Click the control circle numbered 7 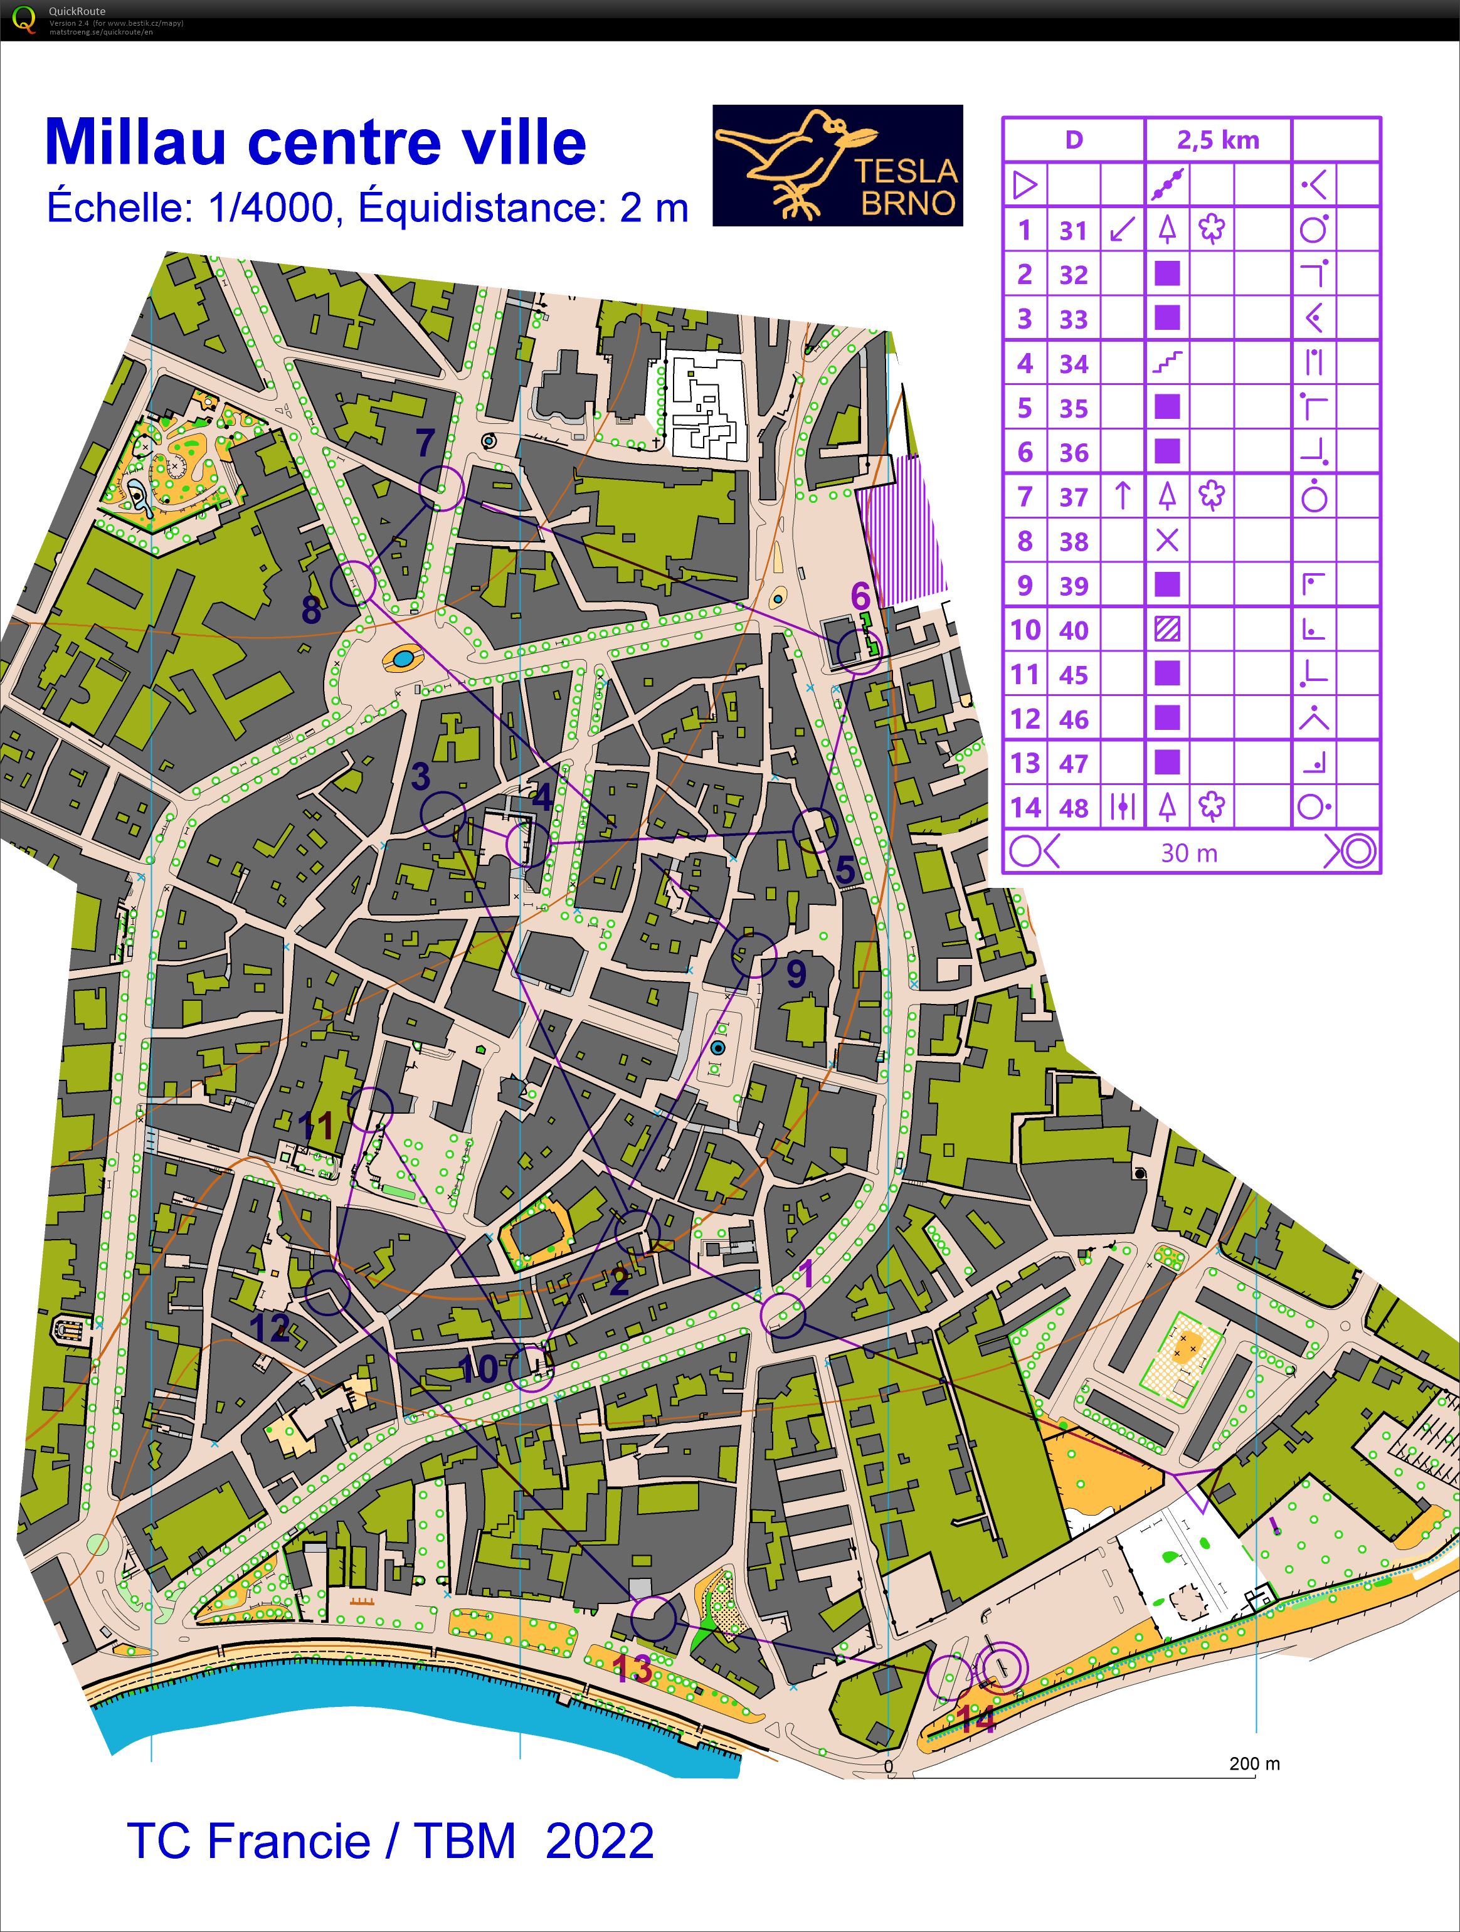(442, 487)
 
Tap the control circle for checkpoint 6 (859, 652)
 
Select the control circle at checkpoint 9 (753, 954)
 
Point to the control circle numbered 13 (653, 1618)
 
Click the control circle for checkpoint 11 (371, 1109)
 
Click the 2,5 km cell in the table (1217, 140)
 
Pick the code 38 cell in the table (1074, 542)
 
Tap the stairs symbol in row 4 (1166, 362)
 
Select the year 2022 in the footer (600, 1841)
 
